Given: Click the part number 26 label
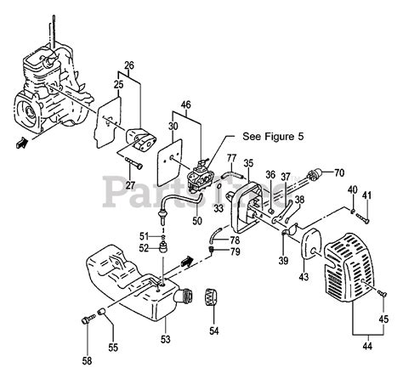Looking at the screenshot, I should tap(128, 65).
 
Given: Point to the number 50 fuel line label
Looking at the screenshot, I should tap(196, 221).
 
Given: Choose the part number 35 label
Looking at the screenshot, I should tap(248, 163).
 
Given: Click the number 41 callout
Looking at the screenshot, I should tap(367, 197).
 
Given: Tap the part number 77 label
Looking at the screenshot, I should tap(230, 157).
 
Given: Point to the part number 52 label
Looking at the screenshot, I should tap(145, 248).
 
